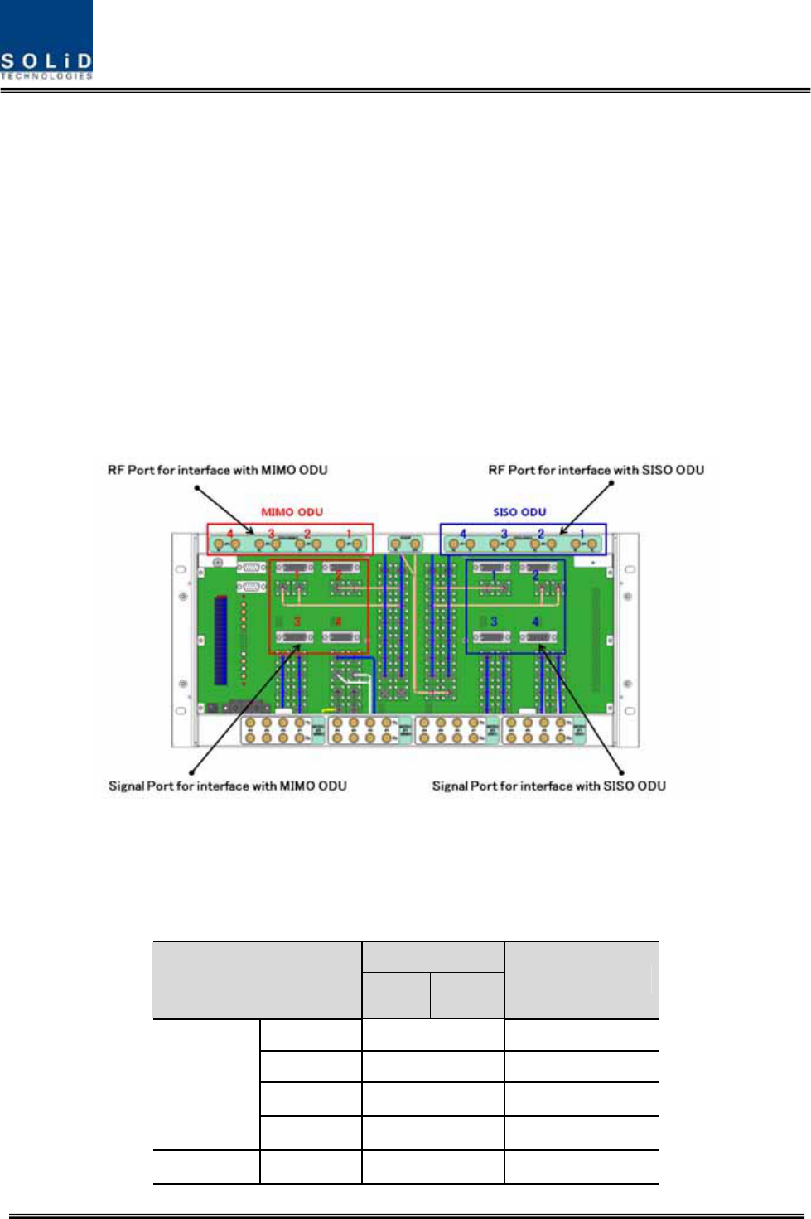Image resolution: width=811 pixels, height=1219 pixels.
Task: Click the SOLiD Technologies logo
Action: pyautogui.click(x=46, y=40)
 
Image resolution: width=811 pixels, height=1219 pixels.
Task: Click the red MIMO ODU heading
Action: pyautogui.click(x=292, y=512)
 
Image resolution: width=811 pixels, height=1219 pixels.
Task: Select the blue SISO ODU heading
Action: pyautogui.click(x=519, y=512)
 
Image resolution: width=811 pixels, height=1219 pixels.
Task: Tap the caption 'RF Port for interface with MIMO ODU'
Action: pyautogui.click(x=217, y=470)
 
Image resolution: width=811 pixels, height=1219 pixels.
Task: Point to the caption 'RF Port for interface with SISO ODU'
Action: pyautogui.click(x=596, y=470)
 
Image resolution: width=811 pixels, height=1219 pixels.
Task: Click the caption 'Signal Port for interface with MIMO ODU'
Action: pyautogui.click(x=228, y=786)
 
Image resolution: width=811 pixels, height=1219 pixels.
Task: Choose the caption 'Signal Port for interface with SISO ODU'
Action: pyautogui.click(x=548, y=786)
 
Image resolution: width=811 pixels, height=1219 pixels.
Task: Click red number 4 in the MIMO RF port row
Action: pyautogui.click(x=230, y=534)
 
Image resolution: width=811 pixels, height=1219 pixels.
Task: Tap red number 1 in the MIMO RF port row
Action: pyautogui.click(x=349, y=534)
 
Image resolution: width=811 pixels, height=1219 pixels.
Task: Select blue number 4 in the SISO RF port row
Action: pyautogui.click(x=463, y=534)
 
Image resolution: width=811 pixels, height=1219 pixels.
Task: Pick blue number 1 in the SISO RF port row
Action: pyautogui.click(x=582, y=534)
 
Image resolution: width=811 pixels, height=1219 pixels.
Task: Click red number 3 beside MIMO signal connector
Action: pyautogui.click(x=297, y=622)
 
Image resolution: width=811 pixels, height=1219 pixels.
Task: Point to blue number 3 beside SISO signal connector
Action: pyautogui.click(x=494, y=622)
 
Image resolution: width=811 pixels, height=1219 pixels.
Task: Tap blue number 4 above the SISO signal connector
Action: pyautogui.click(x=536, y=622)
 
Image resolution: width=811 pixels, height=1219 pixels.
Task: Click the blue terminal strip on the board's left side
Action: pyautogui.click(x=220, y=639)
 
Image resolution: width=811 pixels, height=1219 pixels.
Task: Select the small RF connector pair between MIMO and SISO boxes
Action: pyautogui.click(x=404, y=544)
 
